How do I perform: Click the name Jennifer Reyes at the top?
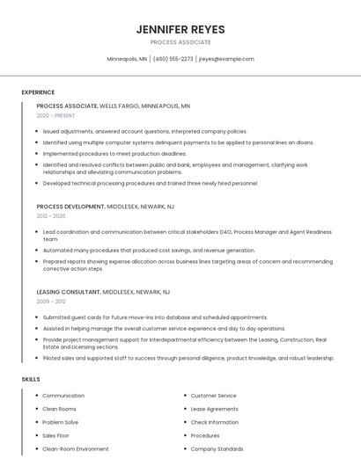[180, 29]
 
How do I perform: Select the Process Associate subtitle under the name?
[180, 42]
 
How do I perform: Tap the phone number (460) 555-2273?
[173, 59]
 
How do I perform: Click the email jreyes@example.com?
[226, 59]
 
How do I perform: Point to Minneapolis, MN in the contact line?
[128, 59]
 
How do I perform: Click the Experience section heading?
[38, 92]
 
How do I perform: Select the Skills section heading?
[31, 379]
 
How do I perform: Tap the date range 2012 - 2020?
[51, 215]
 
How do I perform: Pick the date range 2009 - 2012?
[51, 301]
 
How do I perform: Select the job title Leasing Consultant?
[68, 291]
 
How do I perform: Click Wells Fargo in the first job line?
[119, 106]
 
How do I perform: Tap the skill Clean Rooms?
[60, 409]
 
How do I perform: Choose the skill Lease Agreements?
[214, 409]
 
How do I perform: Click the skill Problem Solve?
[61, 422]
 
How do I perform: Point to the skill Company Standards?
[217, 448]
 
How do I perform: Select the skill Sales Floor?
[55, 435]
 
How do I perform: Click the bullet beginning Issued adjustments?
[145, 131]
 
